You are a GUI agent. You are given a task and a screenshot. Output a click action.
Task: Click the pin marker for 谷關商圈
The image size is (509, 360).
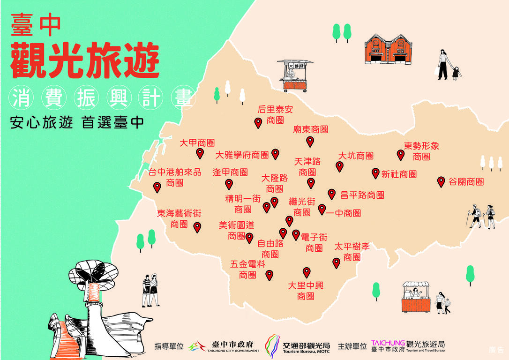(x=441, y=181)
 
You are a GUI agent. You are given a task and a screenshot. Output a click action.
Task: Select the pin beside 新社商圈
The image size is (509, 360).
(x=375, y=173)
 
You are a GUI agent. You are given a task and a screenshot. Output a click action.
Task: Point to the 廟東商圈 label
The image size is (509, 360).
(x=311, y=129)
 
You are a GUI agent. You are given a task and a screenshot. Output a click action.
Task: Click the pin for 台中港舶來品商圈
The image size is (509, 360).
(x=157, y=187)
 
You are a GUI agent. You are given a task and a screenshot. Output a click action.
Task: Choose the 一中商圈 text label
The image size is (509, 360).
(x=344, y=213)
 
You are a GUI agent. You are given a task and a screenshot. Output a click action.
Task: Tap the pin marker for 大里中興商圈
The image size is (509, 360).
(x=307, y=272)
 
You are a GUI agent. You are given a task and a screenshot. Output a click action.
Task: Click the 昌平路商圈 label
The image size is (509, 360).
(x=362, y=195)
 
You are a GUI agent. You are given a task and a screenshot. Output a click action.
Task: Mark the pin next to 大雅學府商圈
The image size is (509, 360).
(x=276, y=153)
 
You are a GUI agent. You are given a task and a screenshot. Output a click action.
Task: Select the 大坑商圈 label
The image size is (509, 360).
(x=356, y=156)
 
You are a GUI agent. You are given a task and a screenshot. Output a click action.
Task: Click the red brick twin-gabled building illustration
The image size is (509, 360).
(x=388, y=49)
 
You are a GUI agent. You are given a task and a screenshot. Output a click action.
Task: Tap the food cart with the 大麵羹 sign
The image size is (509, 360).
(x=295, y=75)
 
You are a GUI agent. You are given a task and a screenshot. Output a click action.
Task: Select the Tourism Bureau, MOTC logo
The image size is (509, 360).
(x=297, y=346)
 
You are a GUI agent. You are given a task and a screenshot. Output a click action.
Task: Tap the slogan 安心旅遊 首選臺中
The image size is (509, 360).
(x=77, y=122)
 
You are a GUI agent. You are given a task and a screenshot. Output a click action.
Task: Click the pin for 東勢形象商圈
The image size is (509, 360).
(x=400, y=155)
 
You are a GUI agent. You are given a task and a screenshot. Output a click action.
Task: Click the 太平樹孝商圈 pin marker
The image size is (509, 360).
(x=336, y=263)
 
